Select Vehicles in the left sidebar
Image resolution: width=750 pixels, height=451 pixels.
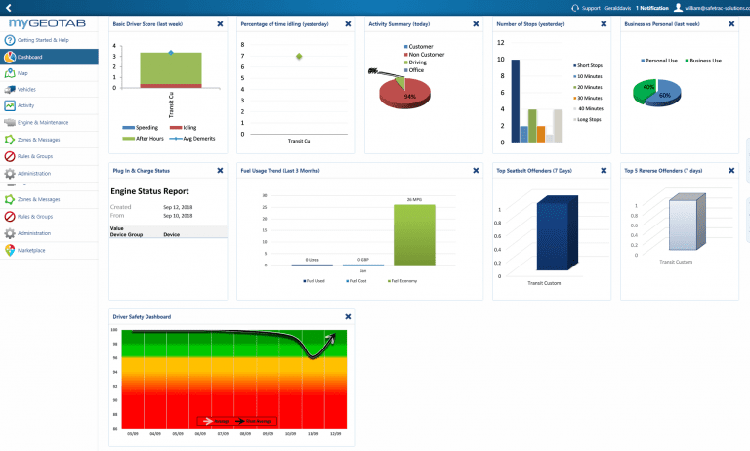click(26, 89)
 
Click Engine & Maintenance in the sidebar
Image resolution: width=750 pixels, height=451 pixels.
click(42, 122)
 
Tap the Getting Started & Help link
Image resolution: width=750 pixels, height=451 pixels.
click(42, 41)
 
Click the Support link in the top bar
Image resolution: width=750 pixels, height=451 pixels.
click(590, 7)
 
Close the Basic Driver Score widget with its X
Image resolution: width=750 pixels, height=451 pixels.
click(221, 21)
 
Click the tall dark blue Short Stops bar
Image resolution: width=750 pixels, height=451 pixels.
click(515, 101)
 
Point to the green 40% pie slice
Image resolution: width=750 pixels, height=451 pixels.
click(646, 91)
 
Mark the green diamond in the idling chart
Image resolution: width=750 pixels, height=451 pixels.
click(299, 56)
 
